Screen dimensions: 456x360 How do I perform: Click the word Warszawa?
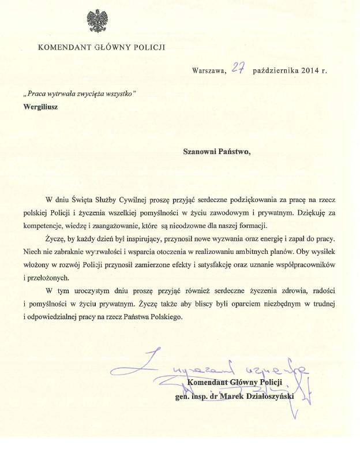pos(209,70)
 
